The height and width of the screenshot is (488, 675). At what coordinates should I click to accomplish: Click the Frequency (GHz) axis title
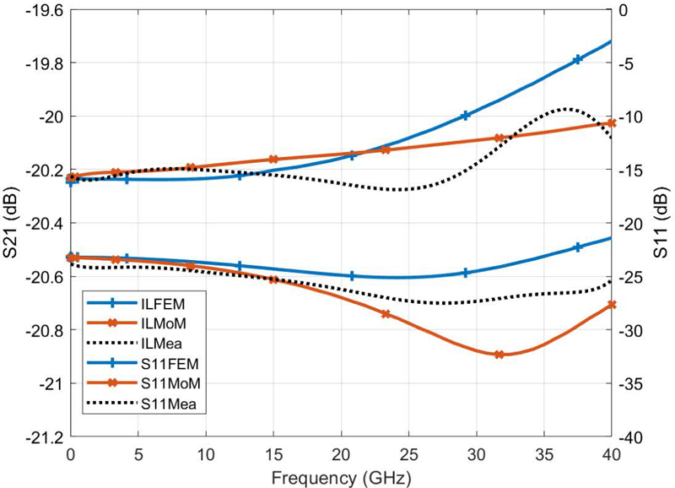[341, 478]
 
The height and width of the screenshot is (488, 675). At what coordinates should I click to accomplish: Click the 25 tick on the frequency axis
[408, 455]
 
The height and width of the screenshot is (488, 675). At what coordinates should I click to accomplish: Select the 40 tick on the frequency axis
[611, 455]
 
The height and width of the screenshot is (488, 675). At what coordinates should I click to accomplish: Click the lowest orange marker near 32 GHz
[499, 355]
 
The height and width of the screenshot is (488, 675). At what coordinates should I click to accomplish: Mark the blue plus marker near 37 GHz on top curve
[578, 59]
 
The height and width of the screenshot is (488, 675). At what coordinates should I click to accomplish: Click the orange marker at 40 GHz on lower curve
[611, 305]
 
